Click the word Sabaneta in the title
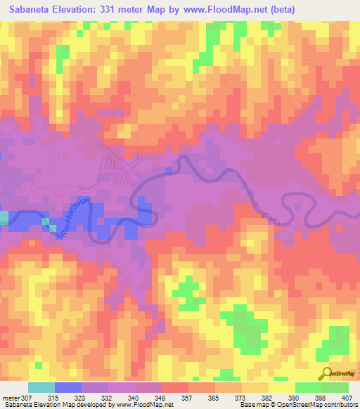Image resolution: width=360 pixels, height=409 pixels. point(33,10)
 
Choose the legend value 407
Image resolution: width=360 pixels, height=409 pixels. point(348,398)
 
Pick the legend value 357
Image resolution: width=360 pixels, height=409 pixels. point(188,398)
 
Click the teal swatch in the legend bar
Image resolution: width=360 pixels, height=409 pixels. point(41,387)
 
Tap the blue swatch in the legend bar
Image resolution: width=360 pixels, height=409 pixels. point(68,387)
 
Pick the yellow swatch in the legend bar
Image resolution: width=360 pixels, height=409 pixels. point(281,387)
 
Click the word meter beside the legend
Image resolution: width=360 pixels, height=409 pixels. point(11,398)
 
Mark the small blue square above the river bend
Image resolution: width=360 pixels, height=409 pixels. point(168,169)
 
